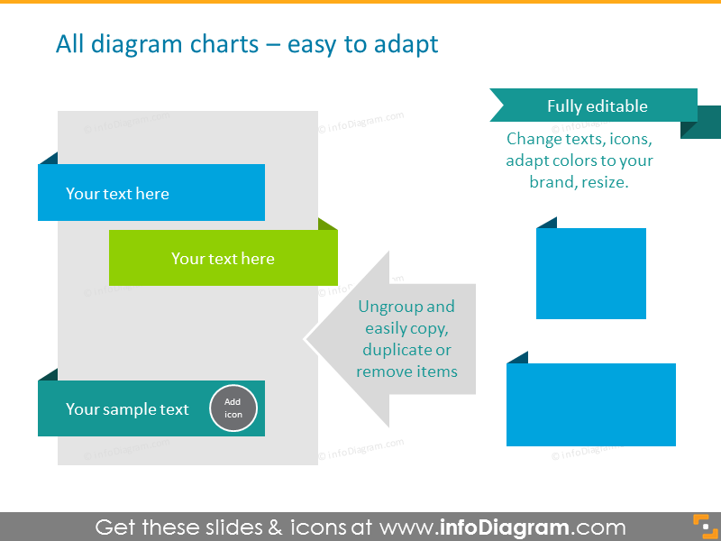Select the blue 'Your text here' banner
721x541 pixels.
pyautogui.click(x=151, y=193)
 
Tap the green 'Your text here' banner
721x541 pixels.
pyautogui.click(x=223, y=259)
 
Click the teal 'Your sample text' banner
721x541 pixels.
pyautogui.click(x=126, y=409)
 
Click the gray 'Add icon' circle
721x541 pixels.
pyautogui.click(x=233, y=408)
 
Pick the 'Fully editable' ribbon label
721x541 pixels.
pyautogui.click(x=597, y=105)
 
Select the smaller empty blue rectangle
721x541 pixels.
pyautogui.click(x=590, y=273)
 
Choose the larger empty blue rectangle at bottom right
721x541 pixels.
pyautogui.click(x=590, y=405)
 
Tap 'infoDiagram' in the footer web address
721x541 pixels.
pyautogui.click(x=505, y=527)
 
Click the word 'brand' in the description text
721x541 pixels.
pyautogui.click(x=551, y=181)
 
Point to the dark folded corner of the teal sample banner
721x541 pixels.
pyautogui.click(x=49, y=374)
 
